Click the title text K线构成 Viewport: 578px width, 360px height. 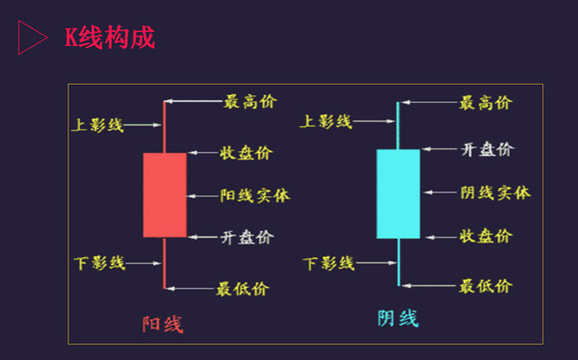(109, 37)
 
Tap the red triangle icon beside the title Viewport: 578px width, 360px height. (32, 38)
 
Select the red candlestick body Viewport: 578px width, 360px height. (165, 194)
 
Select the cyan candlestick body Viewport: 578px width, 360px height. (398, 193)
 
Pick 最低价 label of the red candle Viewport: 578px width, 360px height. (243, 288)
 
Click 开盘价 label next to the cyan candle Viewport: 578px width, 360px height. (487, 149)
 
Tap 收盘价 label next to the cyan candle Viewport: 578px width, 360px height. (486, 236)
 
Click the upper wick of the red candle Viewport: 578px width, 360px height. (165, 125)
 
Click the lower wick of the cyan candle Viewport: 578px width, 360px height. (398, 261)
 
